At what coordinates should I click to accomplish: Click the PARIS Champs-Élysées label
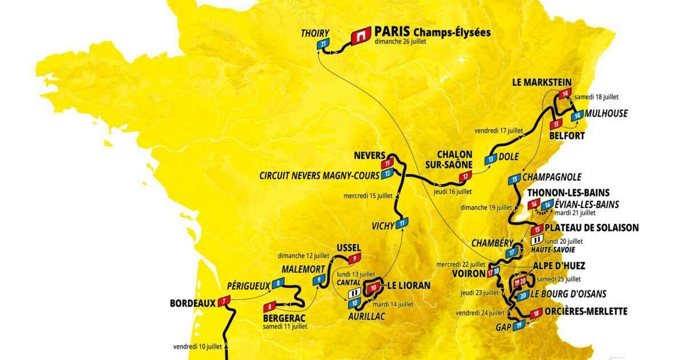pos(432,32)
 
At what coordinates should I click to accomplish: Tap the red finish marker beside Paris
pos(360,36)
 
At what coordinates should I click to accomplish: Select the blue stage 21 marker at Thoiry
pos(324,44)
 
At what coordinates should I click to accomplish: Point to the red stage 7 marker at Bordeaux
pos(224,300)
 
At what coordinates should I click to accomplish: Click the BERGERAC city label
pos(284,317)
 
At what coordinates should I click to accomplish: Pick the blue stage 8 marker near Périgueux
pos(278,282)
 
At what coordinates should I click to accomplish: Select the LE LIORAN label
pos(409,285)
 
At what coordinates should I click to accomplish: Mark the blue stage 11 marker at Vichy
pos(403,223)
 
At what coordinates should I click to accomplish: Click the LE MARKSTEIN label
pos(541,82)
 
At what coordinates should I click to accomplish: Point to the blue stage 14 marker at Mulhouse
pos(578,115)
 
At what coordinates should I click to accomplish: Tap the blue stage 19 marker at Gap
pos(519,326)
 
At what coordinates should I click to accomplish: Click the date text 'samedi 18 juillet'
pos(597,97)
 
